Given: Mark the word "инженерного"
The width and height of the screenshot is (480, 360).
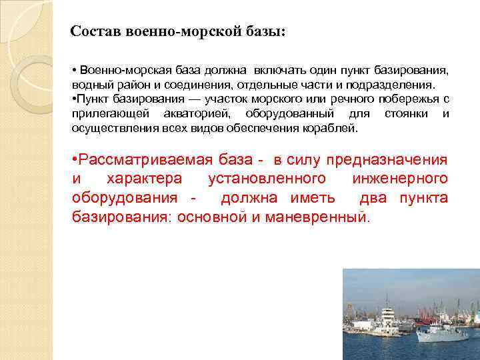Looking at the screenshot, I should [405, 179].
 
